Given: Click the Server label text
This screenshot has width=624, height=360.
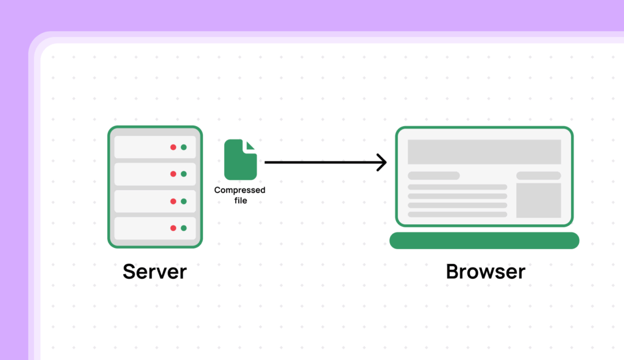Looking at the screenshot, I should (x=154, y=271).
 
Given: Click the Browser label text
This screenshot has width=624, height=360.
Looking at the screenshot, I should (x=485, y=271).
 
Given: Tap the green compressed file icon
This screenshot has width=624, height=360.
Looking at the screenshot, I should (x=239, y=160).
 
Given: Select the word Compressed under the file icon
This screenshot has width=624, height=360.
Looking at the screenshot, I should (x=239, y=190).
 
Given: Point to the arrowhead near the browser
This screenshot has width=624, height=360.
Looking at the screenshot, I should (x=383, y=163).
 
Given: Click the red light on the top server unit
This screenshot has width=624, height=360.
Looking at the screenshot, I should (x=173, y=147).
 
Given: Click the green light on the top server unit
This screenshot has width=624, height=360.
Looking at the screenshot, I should (x=183, y=147).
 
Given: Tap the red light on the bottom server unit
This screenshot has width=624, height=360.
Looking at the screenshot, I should (x=173, y=228).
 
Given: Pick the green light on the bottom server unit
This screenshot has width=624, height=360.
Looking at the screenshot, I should (x=183, y=228).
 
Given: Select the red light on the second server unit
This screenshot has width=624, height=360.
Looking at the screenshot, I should (x=173, y=174).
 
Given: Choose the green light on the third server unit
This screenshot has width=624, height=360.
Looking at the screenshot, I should (x=183, y=201).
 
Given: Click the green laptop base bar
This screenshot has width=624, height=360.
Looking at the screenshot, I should (x=484, y=241).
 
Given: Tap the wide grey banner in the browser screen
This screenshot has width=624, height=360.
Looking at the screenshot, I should (x=484, y=152).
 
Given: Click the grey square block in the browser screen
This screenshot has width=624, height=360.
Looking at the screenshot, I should (x=538, y=200).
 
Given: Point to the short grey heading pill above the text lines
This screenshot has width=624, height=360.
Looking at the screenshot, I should (x=433, y=175).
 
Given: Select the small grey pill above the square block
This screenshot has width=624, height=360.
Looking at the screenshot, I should (x=538, y=175).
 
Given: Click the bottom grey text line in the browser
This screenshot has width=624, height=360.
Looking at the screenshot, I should (x=457, y=214).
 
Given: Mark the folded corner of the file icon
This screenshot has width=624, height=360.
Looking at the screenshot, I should (x=251, y=145).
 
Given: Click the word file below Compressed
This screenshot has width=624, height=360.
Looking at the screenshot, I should (x=241, y=200).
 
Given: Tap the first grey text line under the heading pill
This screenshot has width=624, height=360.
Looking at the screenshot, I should (x=457, y=187).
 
